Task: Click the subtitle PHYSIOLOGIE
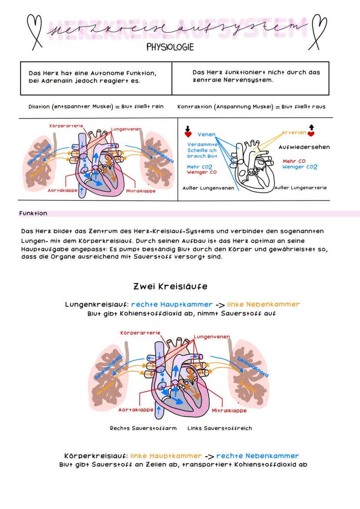pos(170,47)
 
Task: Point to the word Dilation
pos(39,106)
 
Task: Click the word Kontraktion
pos(195,106)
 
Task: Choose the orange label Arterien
pos(293,133)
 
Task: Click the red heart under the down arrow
pos(188,135)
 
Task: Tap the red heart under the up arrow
pos(311,134)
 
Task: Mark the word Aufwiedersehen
pos(304,147)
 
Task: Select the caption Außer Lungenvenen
pos(208,188)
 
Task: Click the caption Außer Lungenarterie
pos(300,188)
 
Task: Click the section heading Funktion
pos(33,213)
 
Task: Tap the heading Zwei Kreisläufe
pos(170,286)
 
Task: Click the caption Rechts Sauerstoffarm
pos(143,428)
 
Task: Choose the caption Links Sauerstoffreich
pos(220,428)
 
